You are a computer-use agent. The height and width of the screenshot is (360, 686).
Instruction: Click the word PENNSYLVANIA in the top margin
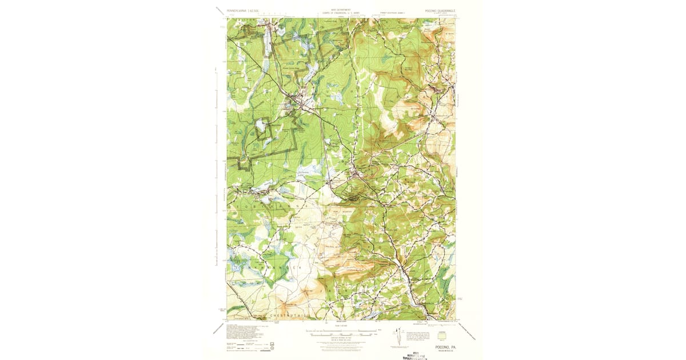tap(238, 10)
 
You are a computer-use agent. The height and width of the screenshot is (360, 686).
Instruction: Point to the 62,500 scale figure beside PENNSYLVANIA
tap(258, 10)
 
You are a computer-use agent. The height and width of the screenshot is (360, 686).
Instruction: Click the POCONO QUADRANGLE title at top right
tap(440, 10)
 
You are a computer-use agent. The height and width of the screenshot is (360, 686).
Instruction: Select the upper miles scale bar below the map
tap(342, 330)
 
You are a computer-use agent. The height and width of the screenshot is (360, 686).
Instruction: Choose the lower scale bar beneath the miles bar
tap(342, 334)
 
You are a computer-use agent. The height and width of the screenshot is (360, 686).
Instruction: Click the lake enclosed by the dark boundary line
tap(261, 124)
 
